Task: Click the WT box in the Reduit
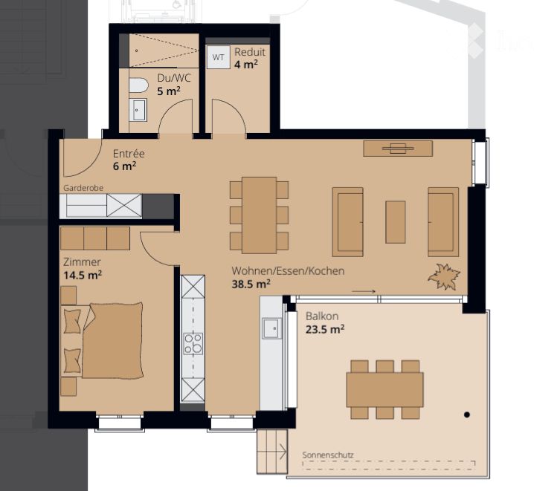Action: coord(219,57)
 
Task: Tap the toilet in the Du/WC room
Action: coord(138,85)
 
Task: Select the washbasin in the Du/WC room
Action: coord(140,110)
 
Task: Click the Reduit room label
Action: coord(250,52)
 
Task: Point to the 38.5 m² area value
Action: coord(251,284)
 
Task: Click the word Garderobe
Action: coord(83,188)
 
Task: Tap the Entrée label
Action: coord(129,153)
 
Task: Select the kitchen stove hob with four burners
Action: coord(193,343)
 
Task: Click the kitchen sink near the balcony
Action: coord(271,328)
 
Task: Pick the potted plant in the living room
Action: coord(444,276)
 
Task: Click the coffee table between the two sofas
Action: coord(396,222)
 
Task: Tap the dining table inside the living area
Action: coord(259,215)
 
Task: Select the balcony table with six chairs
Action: coord(385,390)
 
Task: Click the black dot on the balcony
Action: coord(467,414)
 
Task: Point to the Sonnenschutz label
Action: coord(328,455)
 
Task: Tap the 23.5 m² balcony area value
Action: coord(325,329)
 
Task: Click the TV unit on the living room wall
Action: coord(398,149)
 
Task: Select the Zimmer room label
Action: coord(82,261)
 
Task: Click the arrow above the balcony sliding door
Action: coord(364,291)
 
